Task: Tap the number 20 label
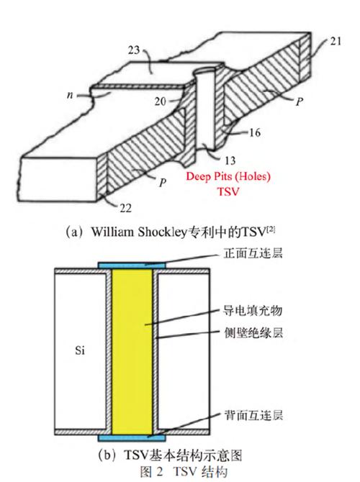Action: pos(166,101)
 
